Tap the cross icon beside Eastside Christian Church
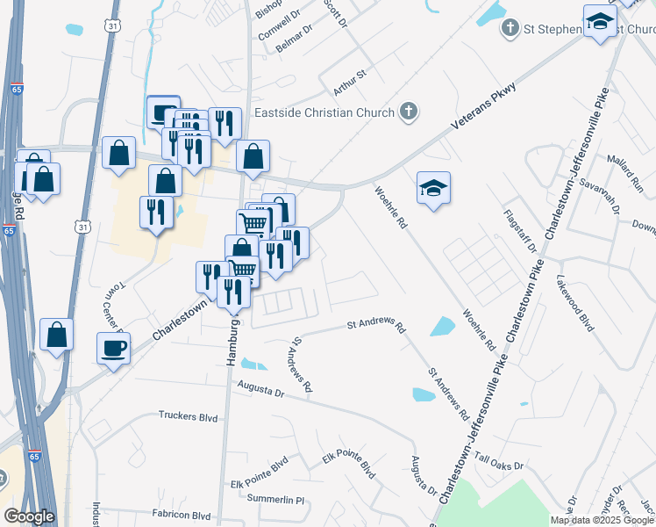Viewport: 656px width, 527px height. click(408, 112)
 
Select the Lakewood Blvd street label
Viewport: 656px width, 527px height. click(575, 304)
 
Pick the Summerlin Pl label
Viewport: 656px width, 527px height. click(275, 500)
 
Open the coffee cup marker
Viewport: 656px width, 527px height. click(114, 348)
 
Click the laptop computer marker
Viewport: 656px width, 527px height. click(163, 112)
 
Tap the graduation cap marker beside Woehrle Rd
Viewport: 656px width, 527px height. click(433, 188)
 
